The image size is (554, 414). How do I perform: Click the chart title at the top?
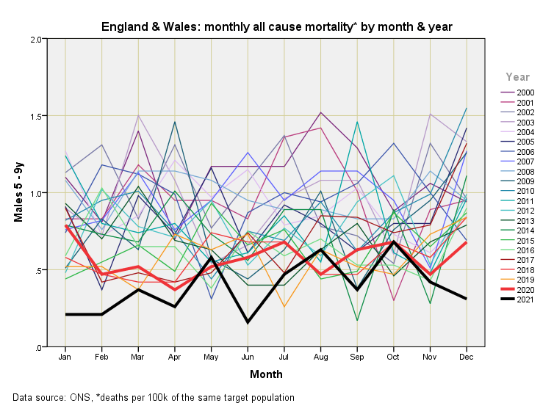[276, 26]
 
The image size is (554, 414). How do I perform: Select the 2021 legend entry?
[525, 299]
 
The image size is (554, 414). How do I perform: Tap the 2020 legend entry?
[525, 289]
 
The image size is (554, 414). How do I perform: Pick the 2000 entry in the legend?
[525, 92]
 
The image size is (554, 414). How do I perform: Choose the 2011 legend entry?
[525, 200]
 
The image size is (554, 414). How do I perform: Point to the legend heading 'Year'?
[517, 76]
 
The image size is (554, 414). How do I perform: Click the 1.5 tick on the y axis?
[36, 116]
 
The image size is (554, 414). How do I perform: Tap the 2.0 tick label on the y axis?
[36, 39]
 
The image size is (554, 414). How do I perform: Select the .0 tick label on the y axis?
[38, 347]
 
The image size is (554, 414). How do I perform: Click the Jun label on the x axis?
[248, 357]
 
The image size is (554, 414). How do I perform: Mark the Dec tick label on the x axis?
[467, 357]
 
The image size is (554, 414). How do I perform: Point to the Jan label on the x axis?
[65, 357]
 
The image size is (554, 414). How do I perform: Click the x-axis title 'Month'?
[266, 374]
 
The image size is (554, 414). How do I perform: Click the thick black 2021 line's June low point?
[248, 322]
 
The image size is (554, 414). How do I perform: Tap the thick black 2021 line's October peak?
[394, 241]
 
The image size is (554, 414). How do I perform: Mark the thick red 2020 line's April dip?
[175, 289]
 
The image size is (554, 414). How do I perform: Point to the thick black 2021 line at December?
[466, 299]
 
